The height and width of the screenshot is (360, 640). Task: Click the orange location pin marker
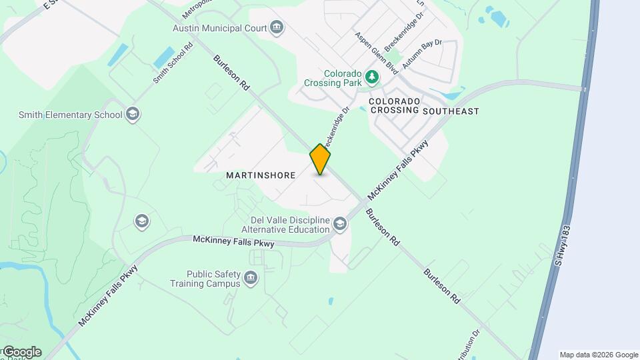point(320,159)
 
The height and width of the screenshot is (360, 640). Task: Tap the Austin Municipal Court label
point(219,28)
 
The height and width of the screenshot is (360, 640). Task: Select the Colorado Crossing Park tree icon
point(372,79)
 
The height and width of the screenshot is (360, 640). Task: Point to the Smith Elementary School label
point(70,115)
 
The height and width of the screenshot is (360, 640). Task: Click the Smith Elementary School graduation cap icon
point(133,114)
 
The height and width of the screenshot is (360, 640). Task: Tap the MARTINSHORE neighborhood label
point(261,175)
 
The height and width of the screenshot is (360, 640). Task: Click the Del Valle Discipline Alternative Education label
point(290,225)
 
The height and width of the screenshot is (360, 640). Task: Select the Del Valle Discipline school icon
point(340,223)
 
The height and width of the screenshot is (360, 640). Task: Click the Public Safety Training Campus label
point(213,278)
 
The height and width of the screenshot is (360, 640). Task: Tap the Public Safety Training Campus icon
point(251,277)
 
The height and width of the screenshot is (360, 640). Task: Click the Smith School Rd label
point(173,63)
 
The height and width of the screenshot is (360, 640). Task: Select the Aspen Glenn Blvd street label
point(377,53)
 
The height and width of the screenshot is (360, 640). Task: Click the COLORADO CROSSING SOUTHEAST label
point(424,106)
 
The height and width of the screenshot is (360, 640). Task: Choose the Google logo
point(21,352)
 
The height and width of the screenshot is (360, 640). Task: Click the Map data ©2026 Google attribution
point(599,355)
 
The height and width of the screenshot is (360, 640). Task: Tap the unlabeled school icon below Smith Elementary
point(141,221)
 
